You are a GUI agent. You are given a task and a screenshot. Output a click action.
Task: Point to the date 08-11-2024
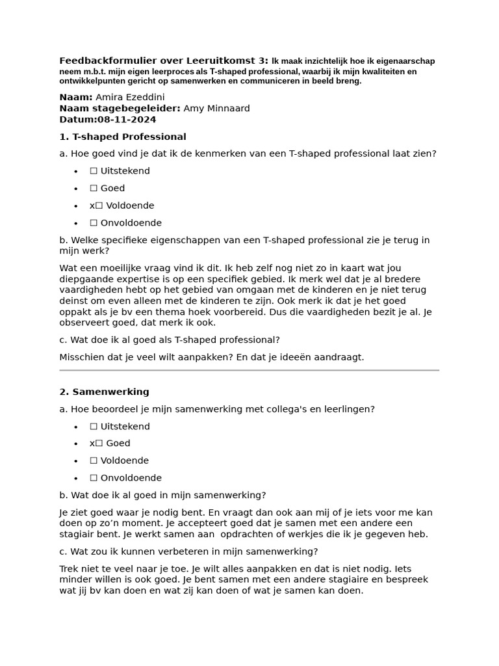tap(127, 120)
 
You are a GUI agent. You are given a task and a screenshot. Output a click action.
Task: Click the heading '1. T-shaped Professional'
tap(123, 137)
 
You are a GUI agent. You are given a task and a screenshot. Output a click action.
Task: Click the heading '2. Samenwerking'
tap(104, 392)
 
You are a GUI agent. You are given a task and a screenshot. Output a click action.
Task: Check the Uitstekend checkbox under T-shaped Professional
tap(94, 171)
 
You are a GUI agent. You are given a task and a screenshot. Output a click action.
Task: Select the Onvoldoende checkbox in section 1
tap(94, 222)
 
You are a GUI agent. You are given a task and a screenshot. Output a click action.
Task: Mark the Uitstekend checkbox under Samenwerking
tap(94, 427)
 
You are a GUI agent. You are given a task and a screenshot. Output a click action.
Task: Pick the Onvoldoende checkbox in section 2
tap(94, 478)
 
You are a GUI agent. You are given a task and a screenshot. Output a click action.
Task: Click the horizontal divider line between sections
tap(249, 370)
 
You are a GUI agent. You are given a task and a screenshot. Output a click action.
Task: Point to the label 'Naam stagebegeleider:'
tap(120, 109)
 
